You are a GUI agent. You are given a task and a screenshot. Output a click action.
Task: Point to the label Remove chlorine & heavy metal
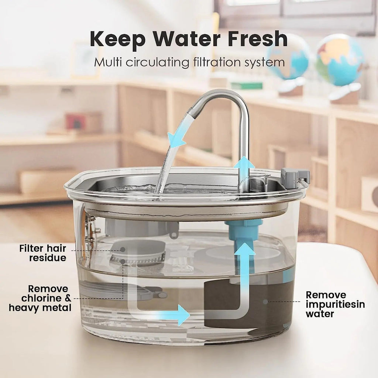(40, 298)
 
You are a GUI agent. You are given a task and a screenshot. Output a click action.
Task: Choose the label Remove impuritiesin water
(335, 304)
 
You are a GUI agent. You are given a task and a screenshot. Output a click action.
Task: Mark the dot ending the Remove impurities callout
(265, 302)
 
